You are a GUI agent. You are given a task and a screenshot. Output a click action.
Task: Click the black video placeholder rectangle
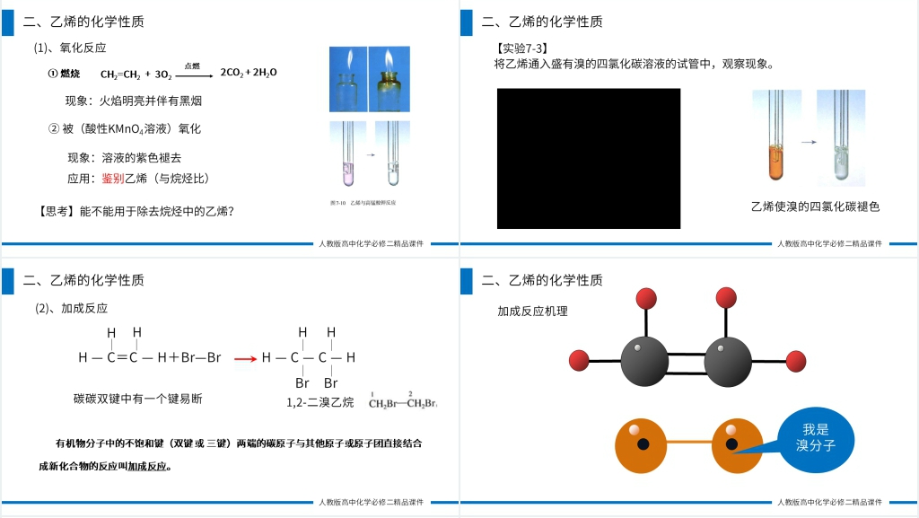tap(589, 159)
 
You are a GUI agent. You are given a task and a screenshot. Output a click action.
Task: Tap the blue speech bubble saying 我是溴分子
tap(814, 437)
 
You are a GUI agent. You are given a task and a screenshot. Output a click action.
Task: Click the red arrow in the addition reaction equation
tap(245, 358)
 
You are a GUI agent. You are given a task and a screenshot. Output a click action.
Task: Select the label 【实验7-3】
tap(521, 48)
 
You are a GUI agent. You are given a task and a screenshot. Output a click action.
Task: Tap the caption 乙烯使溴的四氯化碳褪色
tap(815, 206)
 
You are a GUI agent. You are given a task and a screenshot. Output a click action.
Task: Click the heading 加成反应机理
tap(533, 311)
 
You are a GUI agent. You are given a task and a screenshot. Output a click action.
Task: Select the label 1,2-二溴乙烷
tap(322, 403)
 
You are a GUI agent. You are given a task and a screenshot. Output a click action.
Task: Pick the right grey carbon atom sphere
tap(728, 362)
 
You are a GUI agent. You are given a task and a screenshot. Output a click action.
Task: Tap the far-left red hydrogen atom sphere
tap(580, 361)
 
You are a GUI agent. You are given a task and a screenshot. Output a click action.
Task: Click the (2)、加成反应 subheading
tap(71, 308)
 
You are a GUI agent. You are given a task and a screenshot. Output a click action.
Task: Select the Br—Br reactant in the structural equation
tap(201, 358)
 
